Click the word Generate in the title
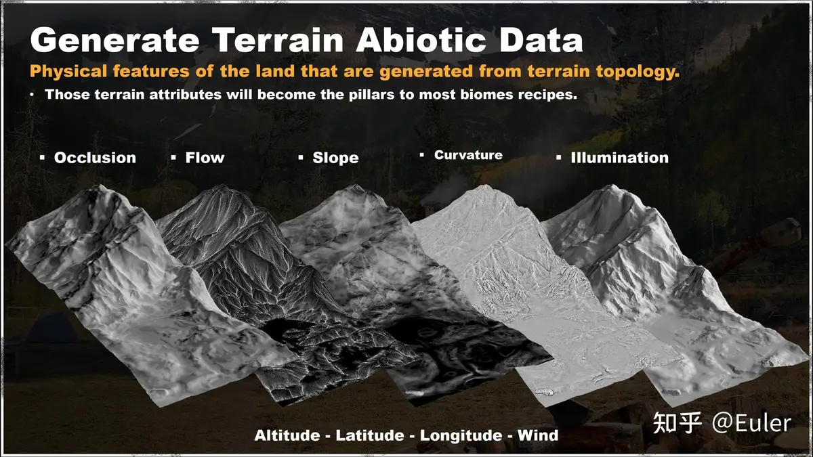(114, 40)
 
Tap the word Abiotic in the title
(421, 40)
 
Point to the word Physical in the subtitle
(68, 72)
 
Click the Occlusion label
(95, 158)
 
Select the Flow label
(205, 158)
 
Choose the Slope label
(336, 158)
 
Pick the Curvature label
(469, 155)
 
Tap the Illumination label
(619, 158)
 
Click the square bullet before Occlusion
(43, 157)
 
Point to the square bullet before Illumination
(558, 157)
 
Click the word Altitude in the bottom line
(287, 435)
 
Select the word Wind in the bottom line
(538, 435)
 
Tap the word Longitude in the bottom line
(461, 435)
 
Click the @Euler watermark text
(751, 423)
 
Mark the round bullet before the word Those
(33, 95)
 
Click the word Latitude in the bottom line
(370, 435)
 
